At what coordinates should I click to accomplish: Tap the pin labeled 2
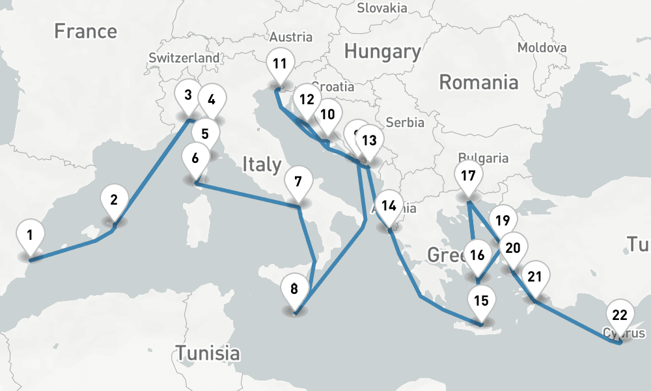click(114, 200)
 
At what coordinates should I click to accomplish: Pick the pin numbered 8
click(294, 289)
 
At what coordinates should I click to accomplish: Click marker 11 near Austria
click(280, 65)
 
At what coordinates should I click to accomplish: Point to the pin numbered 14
click(389, 207)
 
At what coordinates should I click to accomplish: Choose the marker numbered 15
click(481, 301)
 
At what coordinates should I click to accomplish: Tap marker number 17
click(467, 177)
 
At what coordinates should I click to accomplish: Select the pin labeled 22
click(620, 316)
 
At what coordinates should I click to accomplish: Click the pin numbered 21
click(534, 277)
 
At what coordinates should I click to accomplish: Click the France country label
click(85, 31)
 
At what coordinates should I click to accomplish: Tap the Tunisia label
click(207, 354)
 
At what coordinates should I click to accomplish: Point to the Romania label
click(478, 82)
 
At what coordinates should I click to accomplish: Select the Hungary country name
click(382, 51)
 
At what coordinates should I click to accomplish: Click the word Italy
click(262, 164)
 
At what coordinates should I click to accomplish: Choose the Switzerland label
click(184, 58)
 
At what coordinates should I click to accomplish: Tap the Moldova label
click(542, 48)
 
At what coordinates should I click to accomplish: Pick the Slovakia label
click(382, 8)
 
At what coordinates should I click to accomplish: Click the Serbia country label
click(404, 122)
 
